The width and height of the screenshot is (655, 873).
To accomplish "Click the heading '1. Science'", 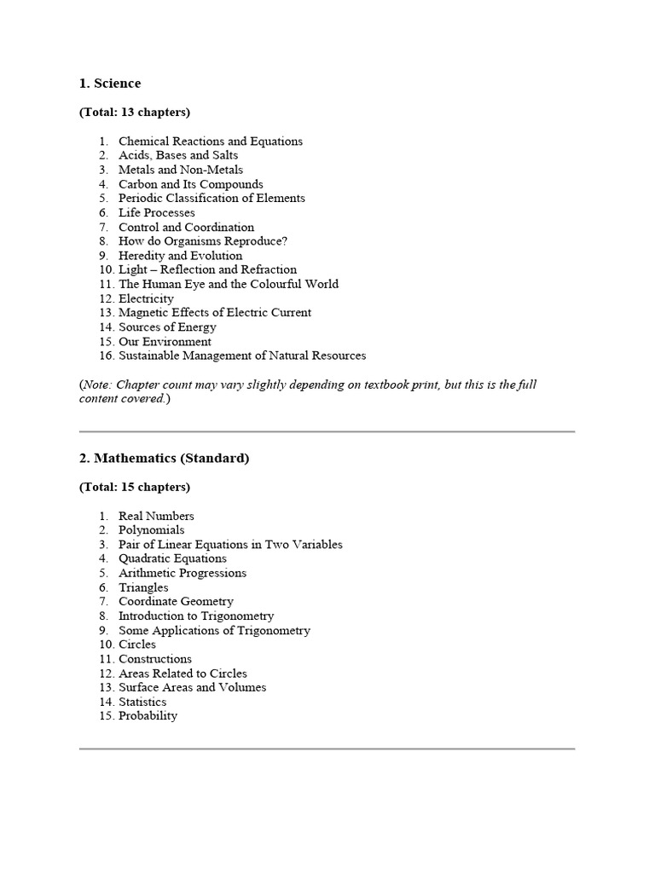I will pos(110,84).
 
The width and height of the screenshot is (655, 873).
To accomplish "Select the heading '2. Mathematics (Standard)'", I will pos(164,459).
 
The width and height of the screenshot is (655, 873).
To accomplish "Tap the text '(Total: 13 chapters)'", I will pos(135,113).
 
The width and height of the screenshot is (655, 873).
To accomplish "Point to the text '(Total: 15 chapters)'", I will pos(135,488).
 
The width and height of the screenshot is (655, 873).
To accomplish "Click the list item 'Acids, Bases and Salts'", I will pos(178,155).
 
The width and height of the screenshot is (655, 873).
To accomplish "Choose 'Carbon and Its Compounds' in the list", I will pos(190,184).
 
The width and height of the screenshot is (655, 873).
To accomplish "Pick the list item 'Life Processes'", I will pos(156,212).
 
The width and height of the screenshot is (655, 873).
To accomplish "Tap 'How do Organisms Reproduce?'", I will pos(203,241).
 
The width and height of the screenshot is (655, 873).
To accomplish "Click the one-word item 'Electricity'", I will pos(146,298).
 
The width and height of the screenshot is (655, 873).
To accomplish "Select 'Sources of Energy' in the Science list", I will pos(167,327).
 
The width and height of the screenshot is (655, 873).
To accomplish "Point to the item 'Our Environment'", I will pos(165,342).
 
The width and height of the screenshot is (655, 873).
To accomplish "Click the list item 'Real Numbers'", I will pos(156,516).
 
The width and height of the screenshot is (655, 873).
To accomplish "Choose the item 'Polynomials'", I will pos(151,530).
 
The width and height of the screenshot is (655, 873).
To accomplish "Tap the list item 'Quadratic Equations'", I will pos(172,559).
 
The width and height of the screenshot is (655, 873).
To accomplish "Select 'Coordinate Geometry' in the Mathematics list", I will pos(176,602).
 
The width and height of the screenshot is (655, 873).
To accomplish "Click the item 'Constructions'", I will pos(155,659).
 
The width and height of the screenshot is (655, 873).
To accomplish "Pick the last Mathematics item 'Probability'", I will pos(148,716).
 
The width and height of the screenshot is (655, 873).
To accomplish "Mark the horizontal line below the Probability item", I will pos(327,749).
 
